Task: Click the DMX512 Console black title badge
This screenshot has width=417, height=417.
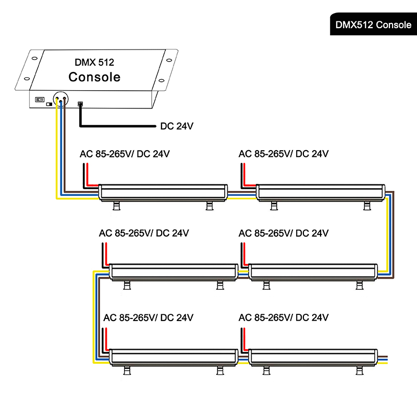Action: [x=373, y=24]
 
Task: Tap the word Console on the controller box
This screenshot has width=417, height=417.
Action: [x=94, y=77]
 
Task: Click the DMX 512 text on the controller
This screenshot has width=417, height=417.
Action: [x=94, y=62]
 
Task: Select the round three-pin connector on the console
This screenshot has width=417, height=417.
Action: [x=60, y=99]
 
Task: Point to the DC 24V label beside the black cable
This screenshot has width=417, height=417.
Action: [x=177, y=126]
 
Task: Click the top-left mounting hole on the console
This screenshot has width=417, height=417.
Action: [x=34, y=58]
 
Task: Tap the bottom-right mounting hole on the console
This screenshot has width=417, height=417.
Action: [x=162, y=80]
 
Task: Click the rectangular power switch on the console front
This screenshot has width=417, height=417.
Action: [x=40, y=100]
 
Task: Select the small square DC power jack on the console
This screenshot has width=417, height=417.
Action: [x=80, y=104]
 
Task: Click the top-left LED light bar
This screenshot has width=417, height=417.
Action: [x=163, y=192]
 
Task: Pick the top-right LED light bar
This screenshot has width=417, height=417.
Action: [x=321, y=192]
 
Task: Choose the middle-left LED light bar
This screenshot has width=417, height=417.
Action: [x=174, y=272]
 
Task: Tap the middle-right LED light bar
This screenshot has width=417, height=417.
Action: [x=313, y=272]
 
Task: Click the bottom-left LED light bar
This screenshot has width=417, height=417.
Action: [x=174, y=357]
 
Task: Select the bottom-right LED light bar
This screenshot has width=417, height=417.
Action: [x=313, y=357]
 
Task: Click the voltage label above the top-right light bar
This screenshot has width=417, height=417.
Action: [x=284, y=154]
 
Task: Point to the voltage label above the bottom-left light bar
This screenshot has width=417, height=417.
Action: [x=148, y=317]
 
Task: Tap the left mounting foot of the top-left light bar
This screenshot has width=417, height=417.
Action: [x=116, y=205]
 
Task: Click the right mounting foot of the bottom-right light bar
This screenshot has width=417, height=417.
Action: [x=360, y=370]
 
